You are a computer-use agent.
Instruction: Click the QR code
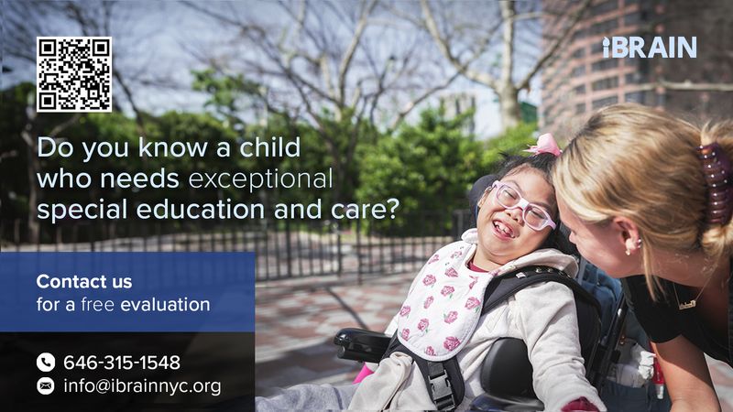pyautogui.click(x=74, y=74)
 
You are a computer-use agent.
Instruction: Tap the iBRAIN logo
pyautogui.click(x=649, y=48)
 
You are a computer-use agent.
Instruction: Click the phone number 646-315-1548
pyautogui.click(x=121, y=363)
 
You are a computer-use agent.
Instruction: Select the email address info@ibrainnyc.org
pyautogui.click(x=142, y=386)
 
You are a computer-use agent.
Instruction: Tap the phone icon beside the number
pyautogui.click(x=46, y=363)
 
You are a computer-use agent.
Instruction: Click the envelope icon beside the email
pyautogui.click(x=46, y=386)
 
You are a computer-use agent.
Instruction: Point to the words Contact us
pyautogui.click(x=84, y=281)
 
